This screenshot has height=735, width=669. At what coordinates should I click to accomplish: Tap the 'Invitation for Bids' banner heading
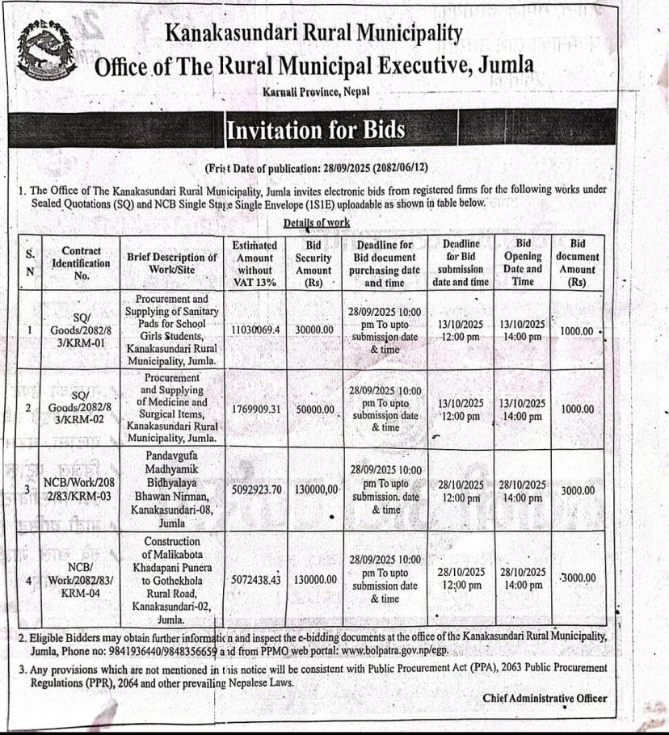[x=315, y=129]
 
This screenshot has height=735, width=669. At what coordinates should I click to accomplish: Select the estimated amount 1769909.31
[x=255, y=409]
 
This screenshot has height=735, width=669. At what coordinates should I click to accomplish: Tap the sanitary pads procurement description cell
[x=172, y=331]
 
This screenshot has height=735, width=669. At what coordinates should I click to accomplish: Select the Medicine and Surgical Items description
[x=172, y=409]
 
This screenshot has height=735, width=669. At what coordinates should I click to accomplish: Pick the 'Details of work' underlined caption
[x=316, y=221]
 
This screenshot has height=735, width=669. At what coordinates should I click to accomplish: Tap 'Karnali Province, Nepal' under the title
[x=316, y=92]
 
